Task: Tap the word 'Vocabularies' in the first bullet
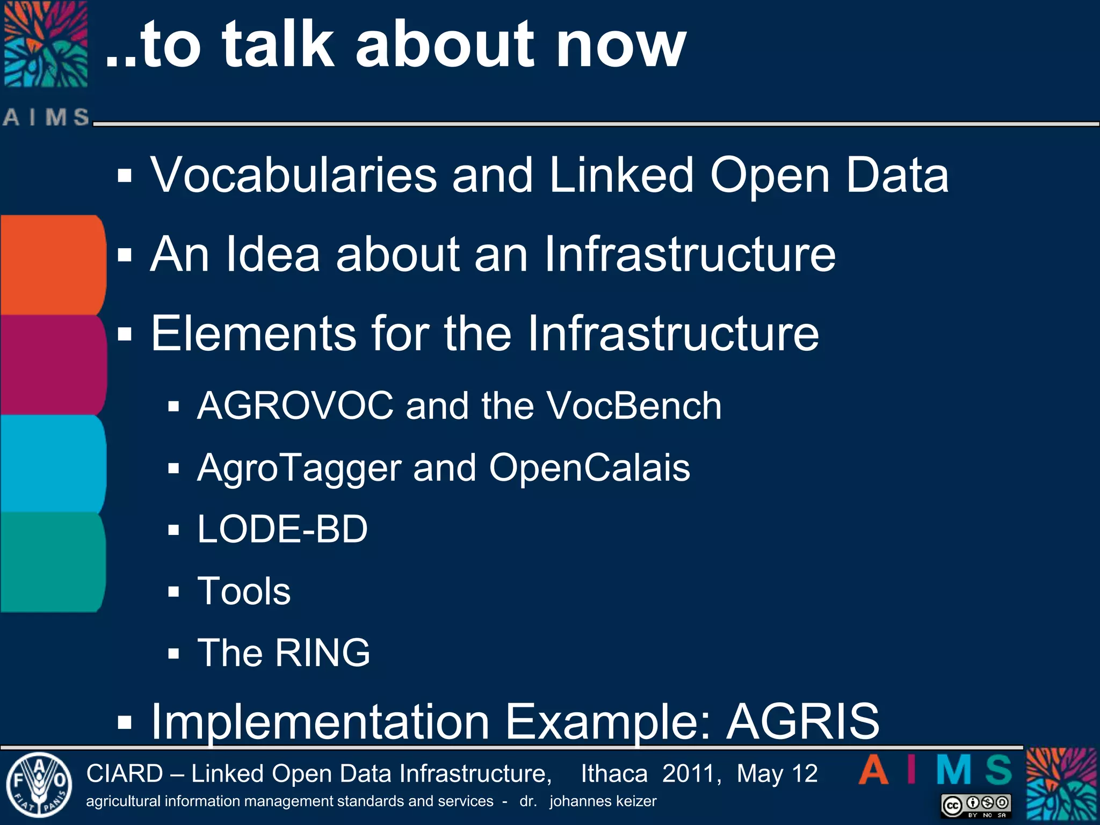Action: pyautogui.click(x=294, y=175)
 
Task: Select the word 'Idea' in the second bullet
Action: pyautogui.click(x=273, y=254)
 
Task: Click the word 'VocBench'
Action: pyautogui.click(x=634, y=406)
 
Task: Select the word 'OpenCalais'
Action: pyautogui.click(x=589, y=467)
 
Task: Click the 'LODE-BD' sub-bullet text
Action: pyautogui.click(x=283, y=530)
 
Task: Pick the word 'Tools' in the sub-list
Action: pyautogui.click(x=244, y=591)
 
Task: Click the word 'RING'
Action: pyautogui.click(x=323, y=653)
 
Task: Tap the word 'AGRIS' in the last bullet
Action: pyautogui.click(x=803, y=721)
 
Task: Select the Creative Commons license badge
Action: pyautogui.click(x=976, y=806)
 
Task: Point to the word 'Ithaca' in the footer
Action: pyautogui.click(x=614, y=774)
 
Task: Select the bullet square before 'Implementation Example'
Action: pyautogui.click(x=125, y=722)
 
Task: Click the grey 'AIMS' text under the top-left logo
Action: pyautogui.click(x=46, y=117)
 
